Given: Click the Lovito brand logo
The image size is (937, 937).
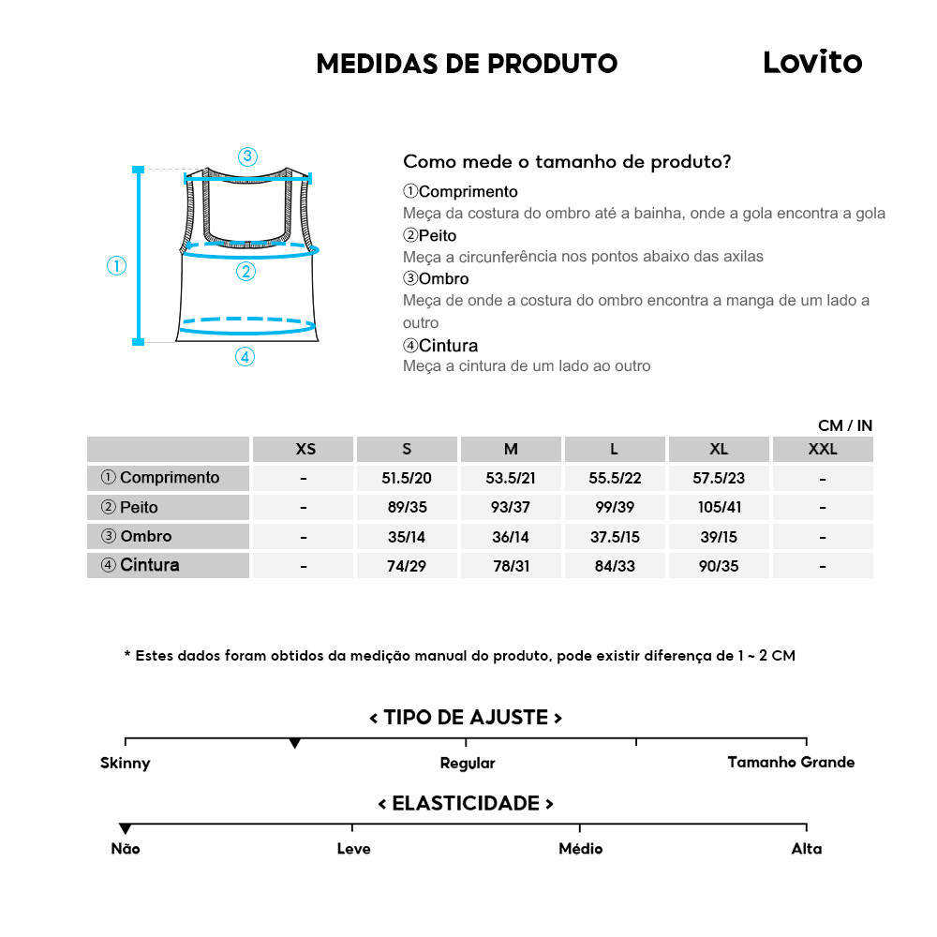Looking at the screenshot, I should [811, 63].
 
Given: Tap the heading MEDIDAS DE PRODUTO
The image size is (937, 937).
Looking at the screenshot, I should [467, 64].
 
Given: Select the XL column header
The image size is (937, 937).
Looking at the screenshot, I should [719, 449].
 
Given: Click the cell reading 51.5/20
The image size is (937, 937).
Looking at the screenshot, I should [407, 478].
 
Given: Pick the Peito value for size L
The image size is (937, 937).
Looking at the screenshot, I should [615, 508].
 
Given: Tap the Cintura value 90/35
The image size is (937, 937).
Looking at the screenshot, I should [719, 566].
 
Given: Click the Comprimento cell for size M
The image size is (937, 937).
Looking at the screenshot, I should [511, 478].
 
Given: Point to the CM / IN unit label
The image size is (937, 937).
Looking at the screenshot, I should [844, 425].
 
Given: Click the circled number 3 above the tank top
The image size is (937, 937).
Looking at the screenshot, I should [247, 156].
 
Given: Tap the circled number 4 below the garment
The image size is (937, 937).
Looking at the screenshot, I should [245, 356].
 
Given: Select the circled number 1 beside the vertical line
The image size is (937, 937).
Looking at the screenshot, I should [116, 266].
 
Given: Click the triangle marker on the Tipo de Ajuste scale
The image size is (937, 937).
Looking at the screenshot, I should [295, 744].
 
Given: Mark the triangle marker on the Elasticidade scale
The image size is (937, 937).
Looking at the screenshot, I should [126, 829].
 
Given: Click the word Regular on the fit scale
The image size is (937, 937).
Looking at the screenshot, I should [468, 763].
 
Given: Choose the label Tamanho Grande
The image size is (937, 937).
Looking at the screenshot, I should [791, 762].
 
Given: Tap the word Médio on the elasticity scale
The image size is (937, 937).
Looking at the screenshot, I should [580, 849].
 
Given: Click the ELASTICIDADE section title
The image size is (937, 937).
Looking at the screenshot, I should [466, 804].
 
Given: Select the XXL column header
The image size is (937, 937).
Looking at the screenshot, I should [823, 449].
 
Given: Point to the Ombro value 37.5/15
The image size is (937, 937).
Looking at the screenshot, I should [615, 537].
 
